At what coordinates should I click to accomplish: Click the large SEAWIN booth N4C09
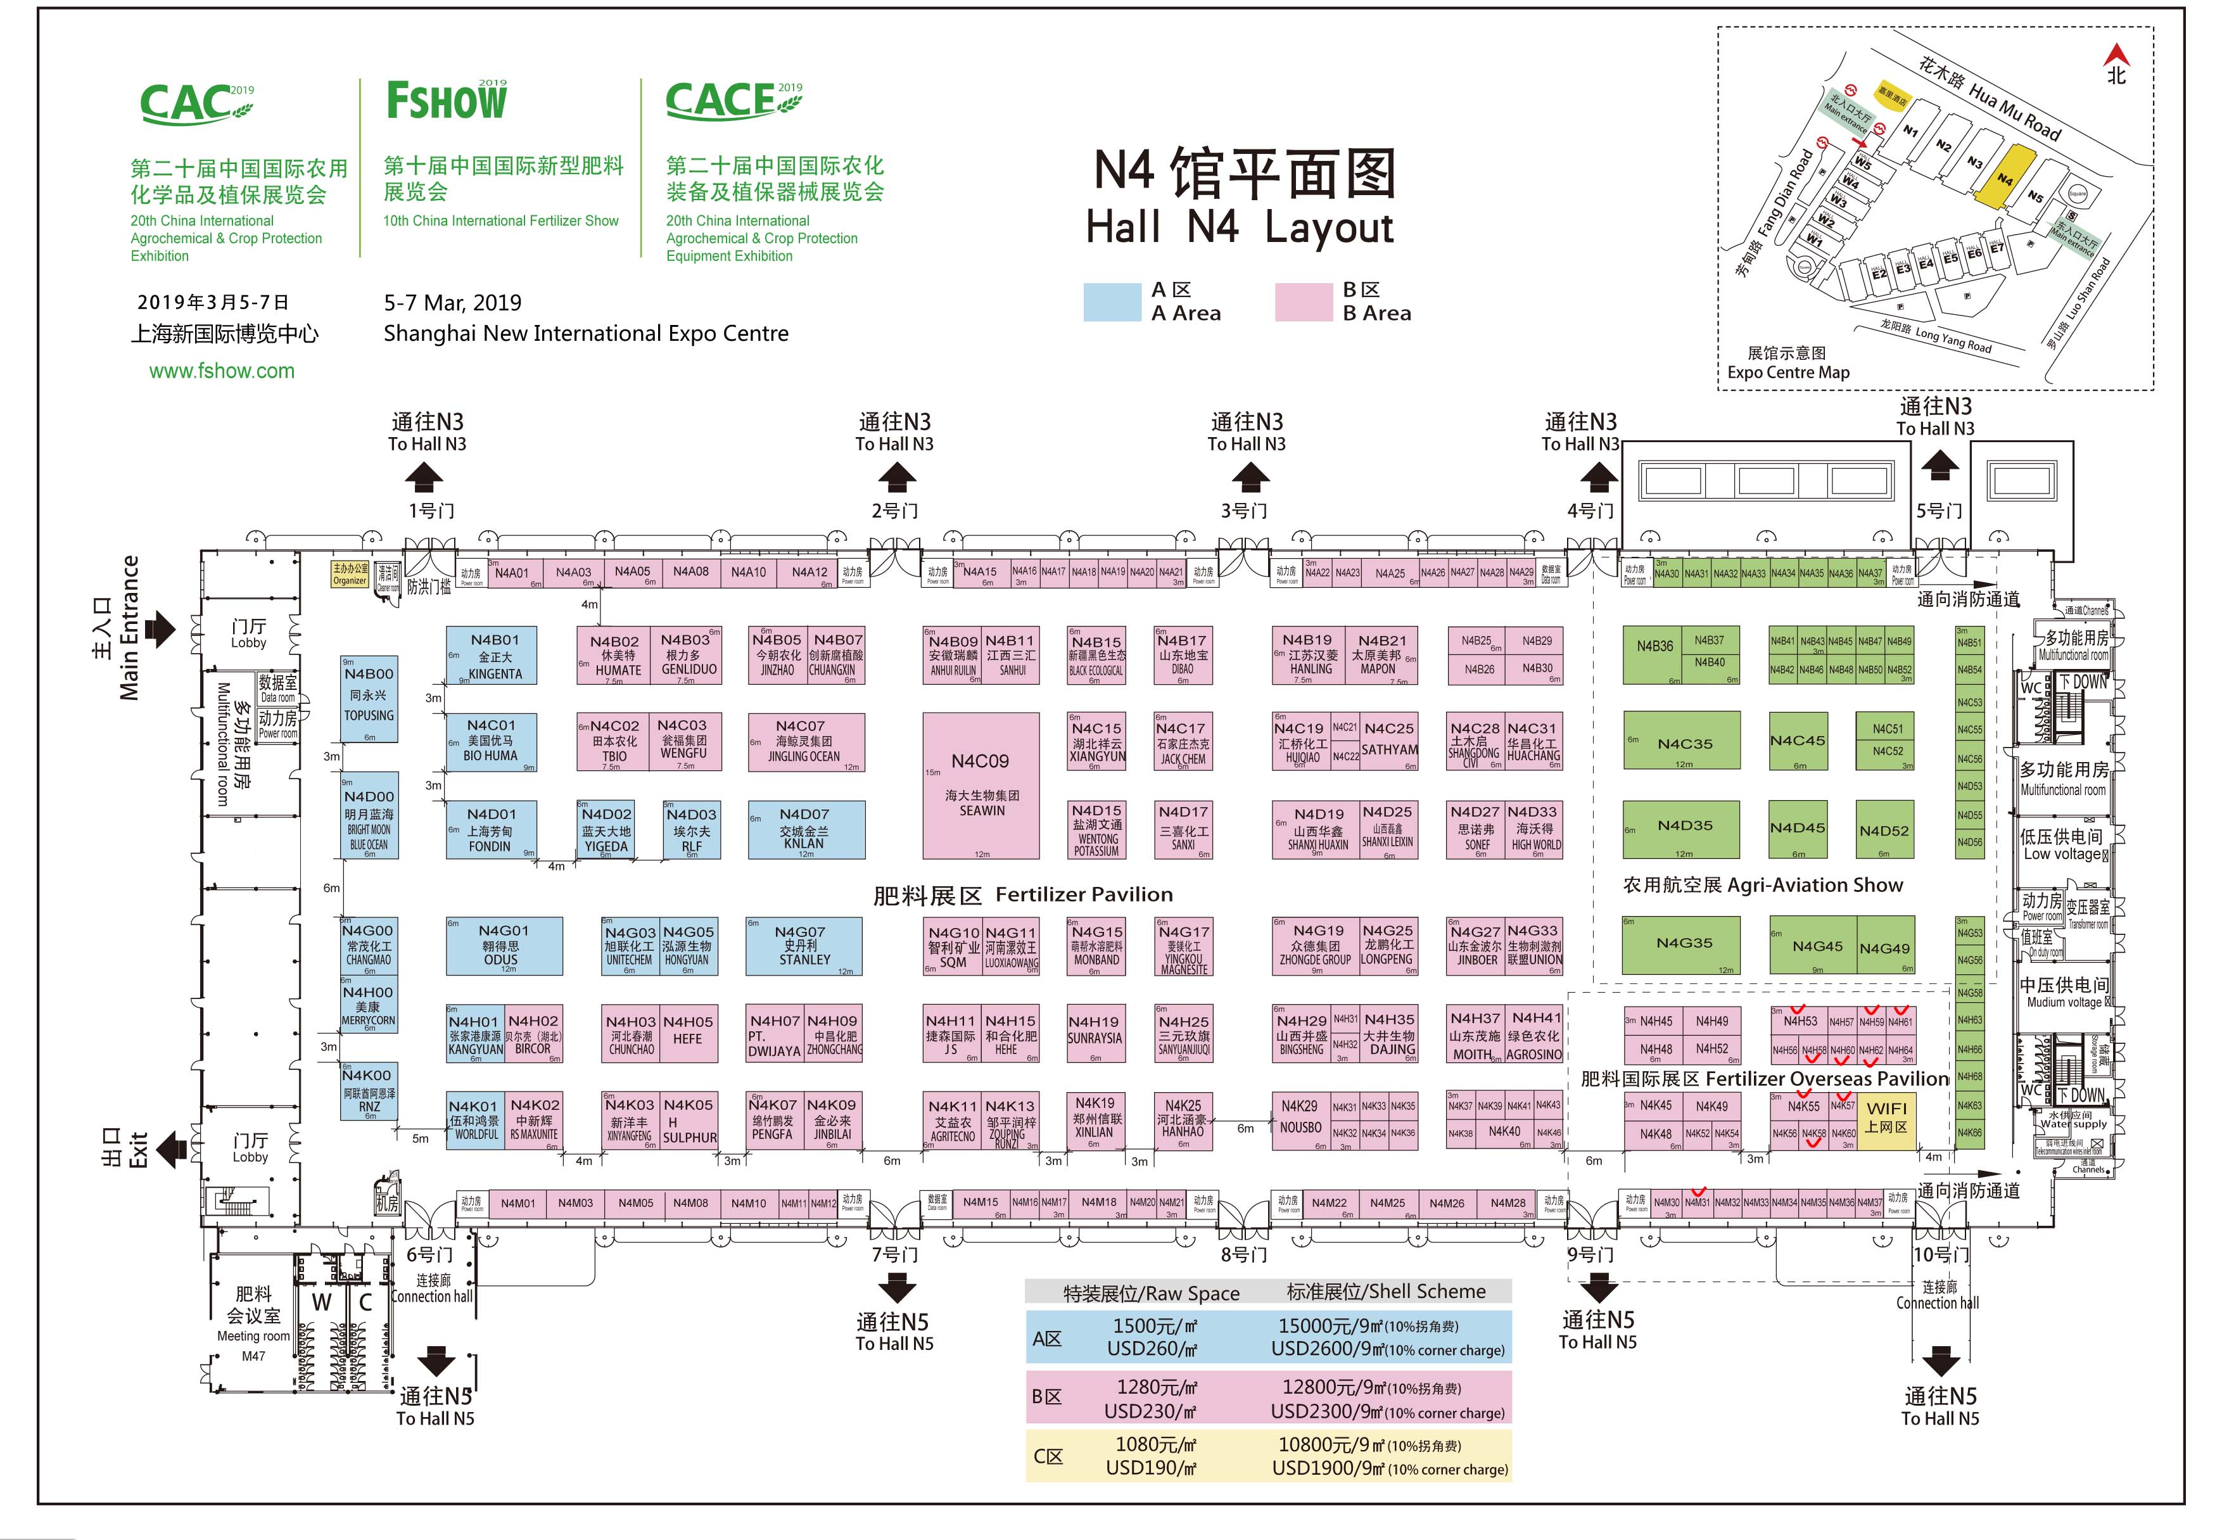tap(981, 786)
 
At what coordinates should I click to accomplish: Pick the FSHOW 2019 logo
tap(447, 100)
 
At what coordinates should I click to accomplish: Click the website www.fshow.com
tap(221, 371)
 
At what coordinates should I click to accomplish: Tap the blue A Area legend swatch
tap(1112, 302)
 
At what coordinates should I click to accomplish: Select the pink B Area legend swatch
tap(1302, 302)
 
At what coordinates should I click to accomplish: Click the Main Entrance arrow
tap(159, 628)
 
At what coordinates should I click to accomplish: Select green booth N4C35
tap(1683, 741)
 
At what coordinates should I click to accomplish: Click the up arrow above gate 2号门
tap(896, 476)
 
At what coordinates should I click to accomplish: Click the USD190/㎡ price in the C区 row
tap(1151, 1468)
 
